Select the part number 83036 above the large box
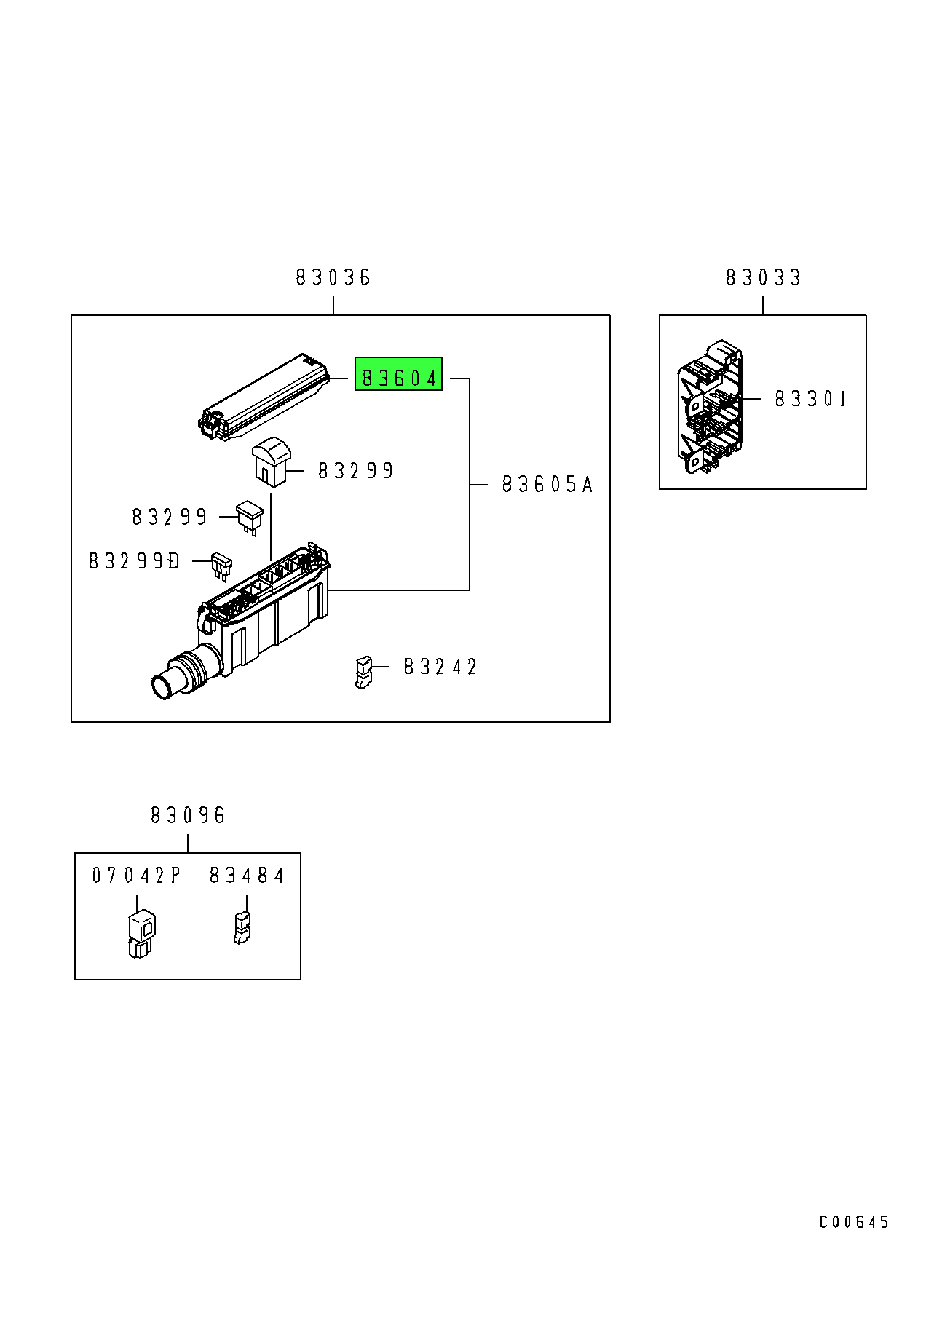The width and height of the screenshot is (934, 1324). pyautogui.click(x=333, y=277)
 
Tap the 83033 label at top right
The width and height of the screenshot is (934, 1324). pyautogui.click(x=763, y=277)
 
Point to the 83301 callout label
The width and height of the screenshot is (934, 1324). pyautogui.click(x=811, y=399)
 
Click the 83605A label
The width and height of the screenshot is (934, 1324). pyautogui.click(x=547, y=484)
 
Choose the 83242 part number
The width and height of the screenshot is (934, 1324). pyautogui.click(x=440, y=667)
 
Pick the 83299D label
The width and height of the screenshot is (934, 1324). pyautogui.click(x=134, y=561)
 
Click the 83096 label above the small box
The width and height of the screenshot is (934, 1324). pyautogui.click(x=188, y=815)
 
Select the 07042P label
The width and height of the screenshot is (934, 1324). pyautogui.click(x=136, y=875)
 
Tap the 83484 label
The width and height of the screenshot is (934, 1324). pyautogui.click(x=247, y=875)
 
